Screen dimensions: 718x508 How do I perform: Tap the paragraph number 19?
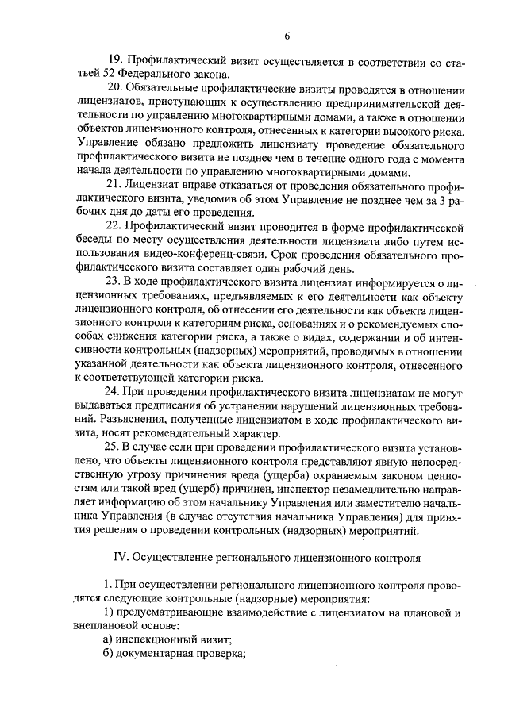tap(115, 60)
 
